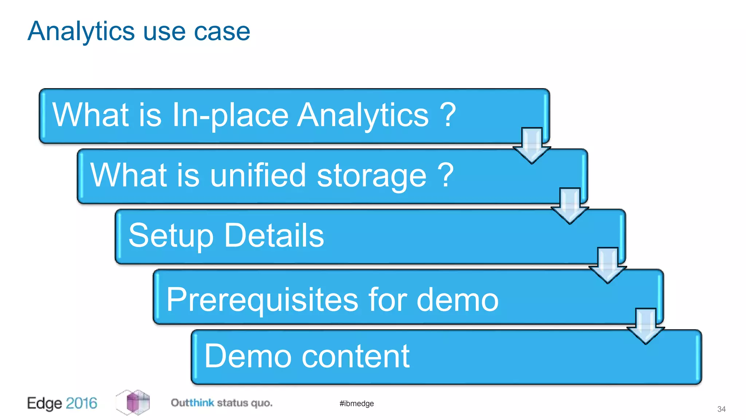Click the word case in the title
tap(222, 31)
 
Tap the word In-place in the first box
tap(230, 115)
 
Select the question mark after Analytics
tap(448, 115)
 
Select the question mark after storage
tap(445, 176)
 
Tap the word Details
tap(274, 236)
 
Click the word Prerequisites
tap(262, 300)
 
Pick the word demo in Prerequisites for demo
tap(457, 300)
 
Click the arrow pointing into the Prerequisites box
tap(608, 266)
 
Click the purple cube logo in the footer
tap(133, 402)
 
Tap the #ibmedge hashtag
tap(357, 404)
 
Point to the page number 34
tap(721, 409)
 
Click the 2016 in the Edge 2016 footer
tap(82, 403)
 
